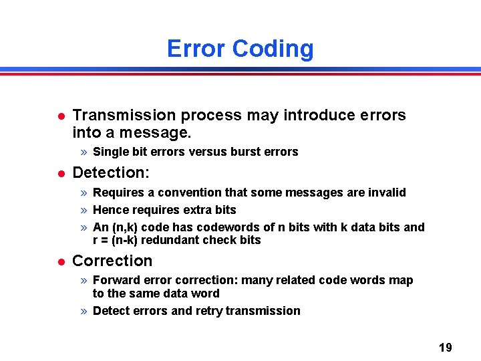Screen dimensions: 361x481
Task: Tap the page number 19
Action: tap(445, 347)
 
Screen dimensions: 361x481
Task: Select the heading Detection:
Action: tap(111, 172)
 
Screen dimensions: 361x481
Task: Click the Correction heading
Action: tap(112, 261)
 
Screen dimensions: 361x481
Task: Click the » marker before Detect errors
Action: tap(84, 311)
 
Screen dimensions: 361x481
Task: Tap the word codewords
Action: tap(222, 227)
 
